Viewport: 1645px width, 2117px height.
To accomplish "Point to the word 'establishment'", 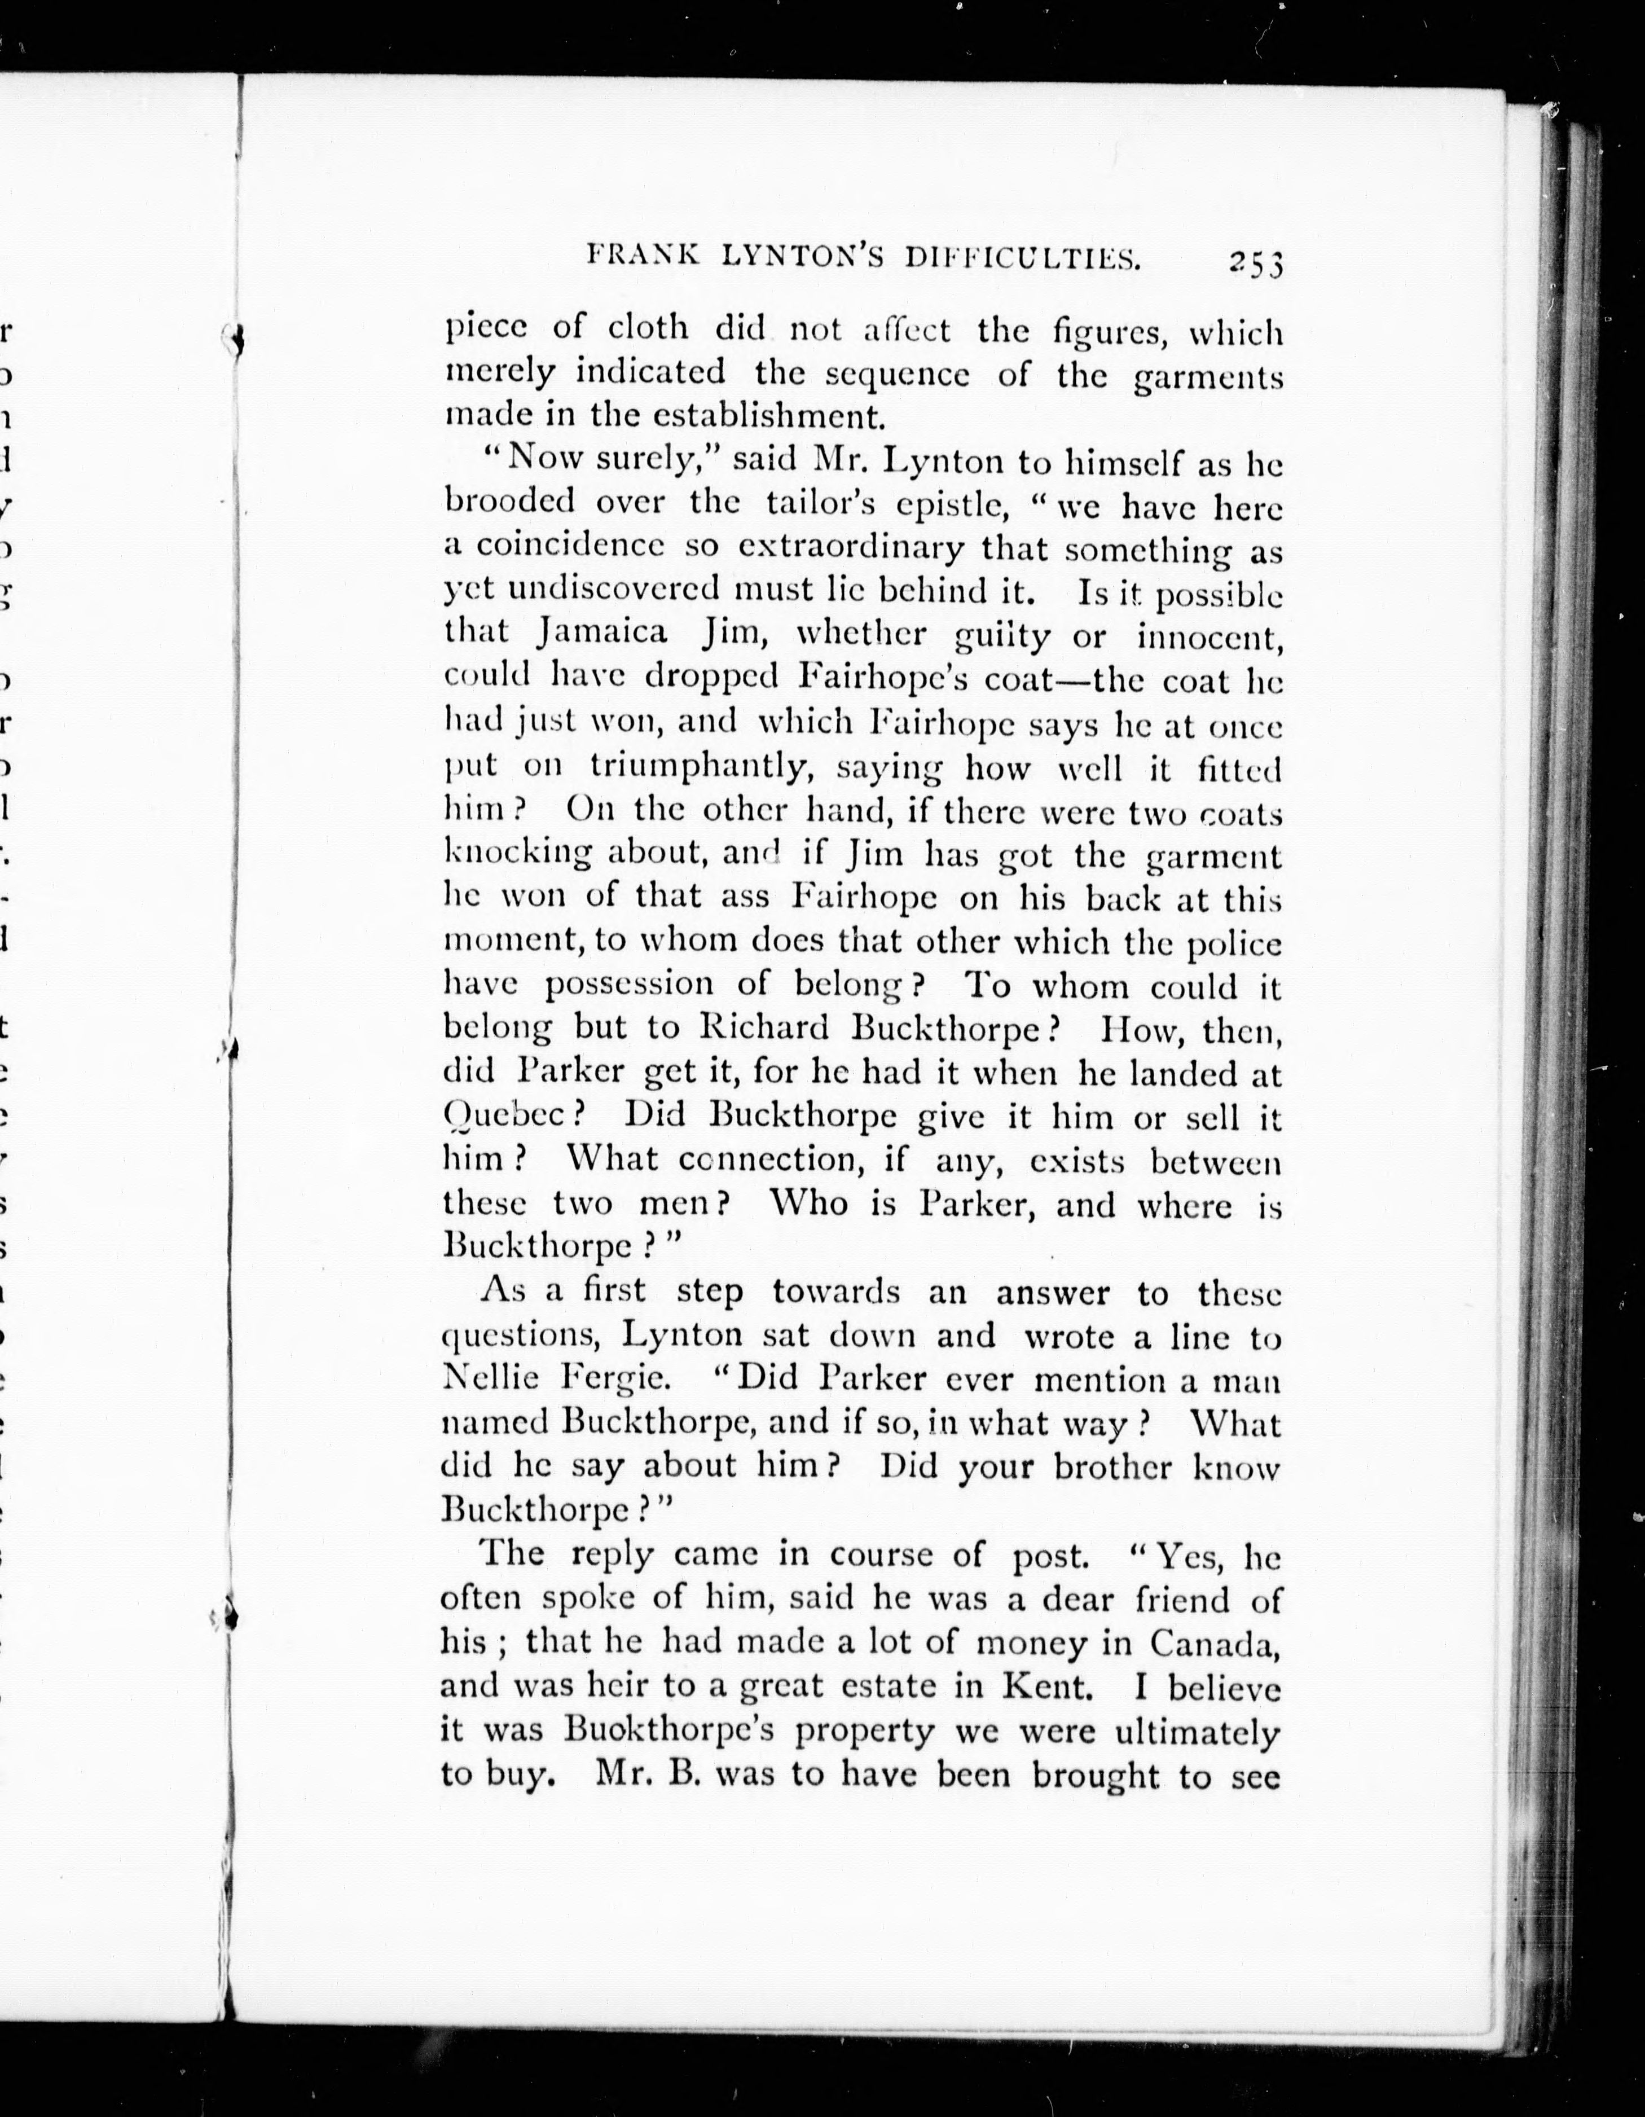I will coord(769,416).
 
